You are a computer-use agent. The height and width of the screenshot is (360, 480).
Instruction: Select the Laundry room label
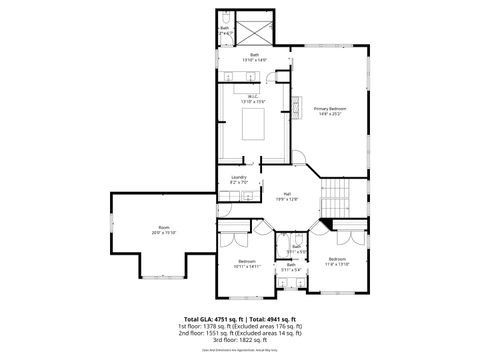(x=238, y=181)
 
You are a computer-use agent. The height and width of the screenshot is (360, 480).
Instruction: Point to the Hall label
(x=287, y=196)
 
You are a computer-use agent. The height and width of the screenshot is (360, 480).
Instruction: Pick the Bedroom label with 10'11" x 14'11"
(x=248, y=264)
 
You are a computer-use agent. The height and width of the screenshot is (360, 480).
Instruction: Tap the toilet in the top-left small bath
(x=226, y=21)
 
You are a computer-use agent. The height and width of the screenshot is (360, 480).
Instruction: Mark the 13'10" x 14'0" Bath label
(x=254, y=57)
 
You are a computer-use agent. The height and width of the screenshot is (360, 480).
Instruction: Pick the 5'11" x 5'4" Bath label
(x=291, y=268)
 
